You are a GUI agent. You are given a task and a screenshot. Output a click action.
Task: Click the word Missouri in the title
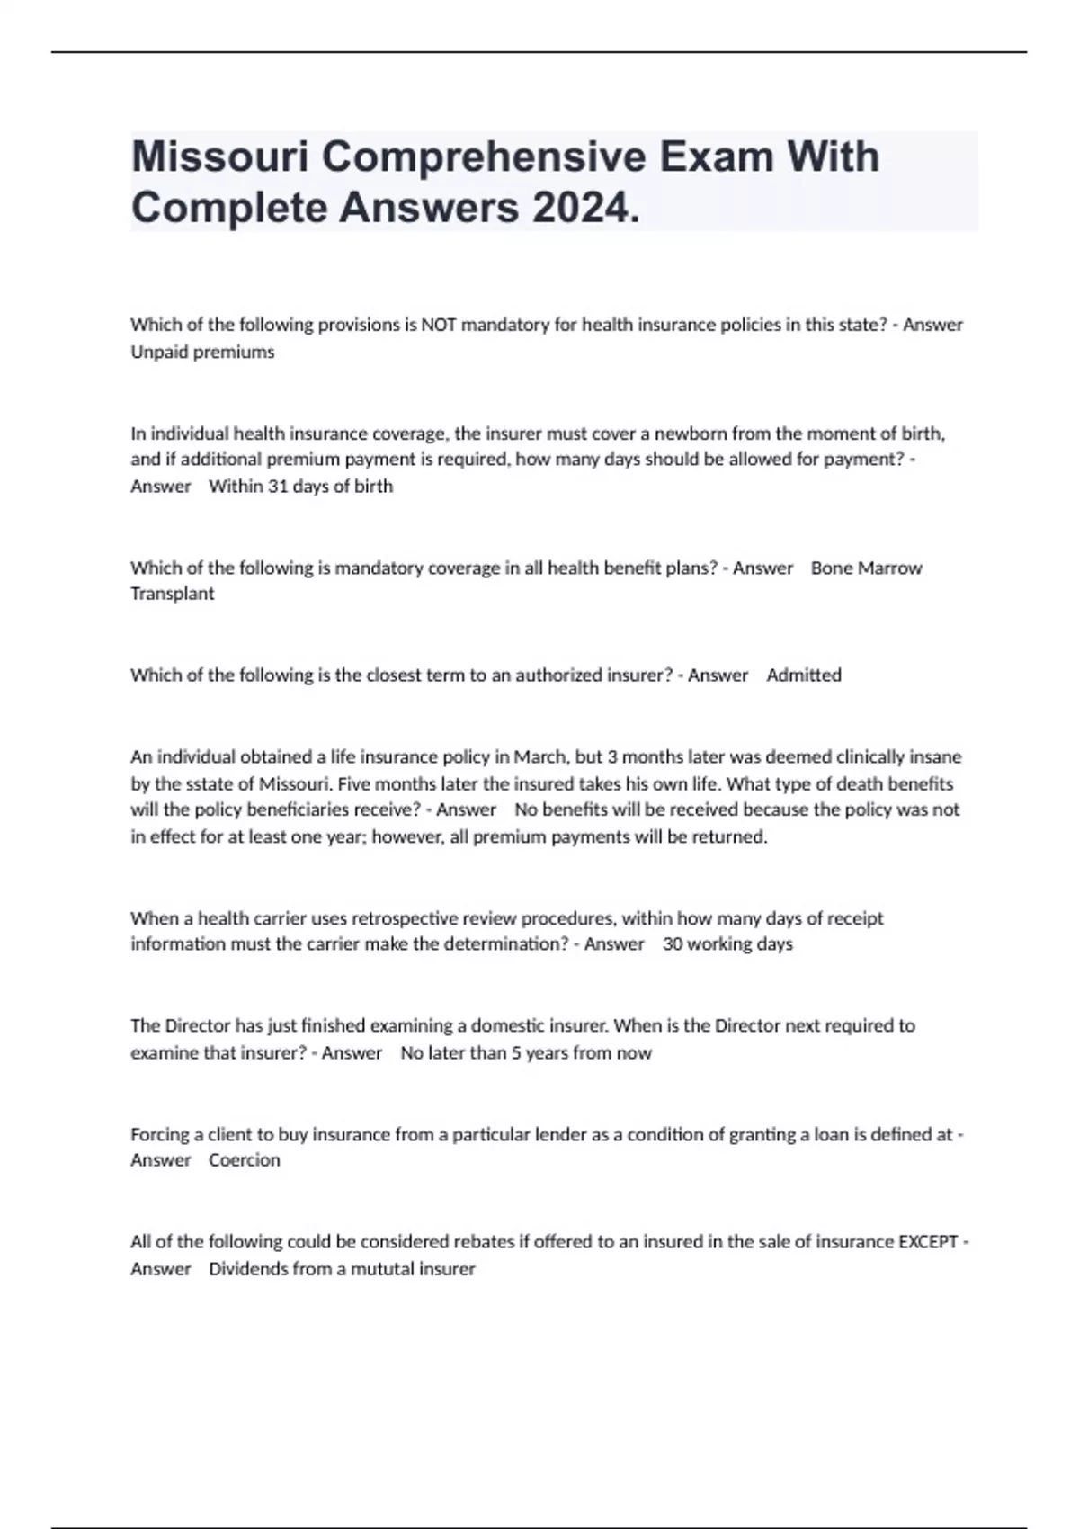pos(219,156)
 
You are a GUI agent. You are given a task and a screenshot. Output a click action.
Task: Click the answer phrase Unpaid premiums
pos(202,352)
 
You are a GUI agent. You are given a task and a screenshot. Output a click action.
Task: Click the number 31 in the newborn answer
pos(278,487)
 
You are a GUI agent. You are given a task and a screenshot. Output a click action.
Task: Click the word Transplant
pos(173,594)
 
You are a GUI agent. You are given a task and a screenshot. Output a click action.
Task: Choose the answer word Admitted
pos(804,675)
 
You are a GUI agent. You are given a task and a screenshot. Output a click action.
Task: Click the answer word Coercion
pos(245,1160)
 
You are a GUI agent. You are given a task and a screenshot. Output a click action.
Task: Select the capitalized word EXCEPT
pos(928,1242)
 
